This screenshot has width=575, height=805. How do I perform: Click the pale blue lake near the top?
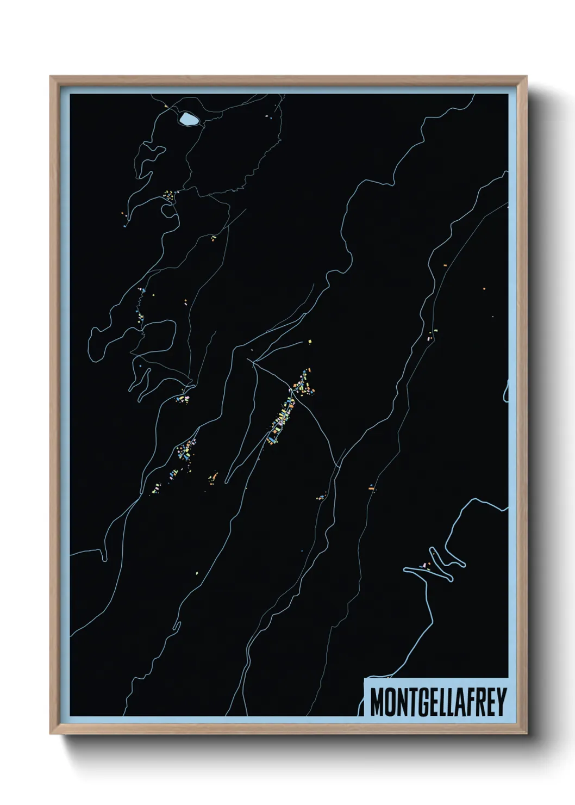click(189, 119)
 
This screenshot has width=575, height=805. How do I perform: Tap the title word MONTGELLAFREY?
click(438, 702)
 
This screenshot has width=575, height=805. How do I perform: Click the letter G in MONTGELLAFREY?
click(424, 702)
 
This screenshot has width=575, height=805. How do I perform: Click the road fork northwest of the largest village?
click(253, 361)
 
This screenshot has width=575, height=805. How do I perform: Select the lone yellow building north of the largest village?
click(310, 342)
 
